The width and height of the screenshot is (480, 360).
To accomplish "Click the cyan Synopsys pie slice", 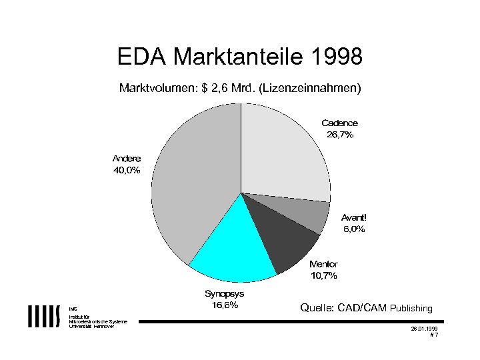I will pos(230,247).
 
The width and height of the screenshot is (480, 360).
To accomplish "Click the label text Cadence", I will pos(339,123).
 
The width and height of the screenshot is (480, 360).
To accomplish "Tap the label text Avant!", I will pos(353,217).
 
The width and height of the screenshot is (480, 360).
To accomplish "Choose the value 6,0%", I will pos(353,229).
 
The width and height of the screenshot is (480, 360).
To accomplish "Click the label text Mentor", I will pos(323,264).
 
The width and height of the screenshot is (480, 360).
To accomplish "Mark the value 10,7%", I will pos(323,275).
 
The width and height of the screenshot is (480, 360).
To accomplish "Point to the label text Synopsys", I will pos(224,293).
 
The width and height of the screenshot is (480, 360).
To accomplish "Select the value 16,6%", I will pos(224,305).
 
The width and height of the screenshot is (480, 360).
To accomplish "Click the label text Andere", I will pos(126,159).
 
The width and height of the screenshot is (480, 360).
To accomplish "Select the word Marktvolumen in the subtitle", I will pos(155,87).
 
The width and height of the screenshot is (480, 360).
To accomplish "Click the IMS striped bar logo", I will pos(44,317).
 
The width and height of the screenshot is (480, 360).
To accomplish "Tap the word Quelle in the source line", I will pos(317,308).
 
